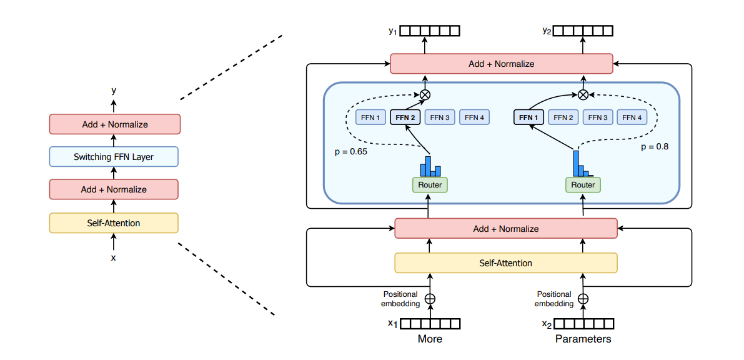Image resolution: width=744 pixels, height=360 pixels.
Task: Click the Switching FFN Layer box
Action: click(x=114, y=157)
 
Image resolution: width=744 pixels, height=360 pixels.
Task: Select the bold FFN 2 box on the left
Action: click(x=405, y=117)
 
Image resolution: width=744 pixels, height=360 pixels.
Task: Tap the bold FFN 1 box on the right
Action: click(x=528, y=117)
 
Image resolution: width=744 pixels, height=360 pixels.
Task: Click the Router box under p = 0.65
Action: click(x=430, y=185)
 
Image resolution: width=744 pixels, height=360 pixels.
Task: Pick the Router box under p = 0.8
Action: click(x=583, y=185)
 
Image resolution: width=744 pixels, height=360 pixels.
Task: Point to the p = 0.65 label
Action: click(x=350, y=151)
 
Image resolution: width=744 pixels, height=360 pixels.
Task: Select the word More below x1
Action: click(x=430, y=339)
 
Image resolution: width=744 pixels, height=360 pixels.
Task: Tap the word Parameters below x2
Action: click(x=583, y=339)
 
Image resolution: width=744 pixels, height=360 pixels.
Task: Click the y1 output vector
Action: click(x=430, y=31)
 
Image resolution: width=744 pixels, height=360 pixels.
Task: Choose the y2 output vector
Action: click(x=584, y=31)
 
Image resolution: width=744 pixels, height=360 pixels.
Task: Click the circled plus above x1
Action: click(x=430, y=299)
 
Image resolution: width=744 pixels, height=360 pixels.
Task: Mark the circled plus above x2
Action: click(x=583, y=299)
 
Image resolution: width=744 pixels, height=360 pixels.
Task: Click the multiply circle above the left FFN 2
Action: click(x=425, y=95)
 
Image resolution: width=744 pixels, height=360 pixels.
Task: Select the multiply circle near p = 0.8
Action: click(x=583, y=95)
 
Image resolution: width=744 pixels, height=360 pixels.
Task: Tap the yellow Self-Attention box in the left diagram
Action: click(x=114, y=223)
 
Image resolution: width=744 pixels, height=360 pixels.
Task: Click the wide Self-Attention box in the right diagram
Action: click(x=505, y=263)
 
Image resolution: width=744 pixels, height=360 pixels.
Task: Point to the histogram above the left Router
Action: click(x=430, y=166)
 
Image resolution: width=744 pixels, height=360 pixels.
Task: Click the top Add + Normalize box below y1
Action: click(x=501, y=64)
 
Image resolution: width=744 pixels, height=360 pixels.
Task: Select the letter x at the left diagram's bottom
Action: click(x=113, y=257)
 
